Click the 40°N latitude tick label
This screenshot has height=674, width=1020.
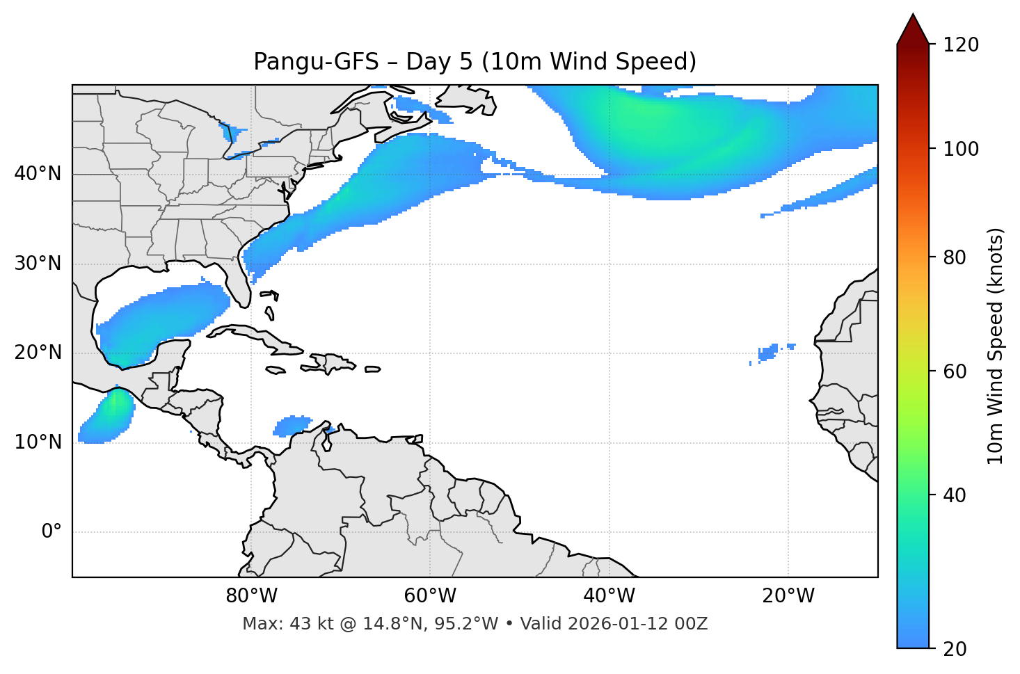click(x=38, y=174)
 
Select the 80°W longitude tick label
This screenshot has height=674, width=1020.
click(x=251, y=596)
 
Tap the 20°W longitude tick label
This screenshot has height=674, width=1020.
click(x=788, y=596)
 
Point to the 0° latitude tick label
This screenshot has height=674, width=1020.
click(x=51, y=532)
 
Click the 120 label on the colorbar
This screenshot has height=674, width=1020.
click(x=961, y=45)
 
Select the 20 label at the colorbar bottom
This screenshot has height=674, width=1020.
click(x=955, y=649)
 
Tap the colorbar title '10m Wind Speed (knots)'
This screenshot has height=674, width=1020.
click(x=996, y=346)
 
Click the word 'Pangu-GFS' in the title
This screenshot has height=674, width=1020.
click(x=316, y=62)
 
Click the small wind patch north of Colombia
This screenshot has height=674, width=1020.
click(x=293, y=425)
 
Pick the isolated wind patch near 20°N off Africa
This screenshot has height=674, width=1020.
click(x=768, y=353)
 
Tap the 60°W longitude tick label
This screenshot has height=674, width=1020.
click(x=430, y=596)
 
